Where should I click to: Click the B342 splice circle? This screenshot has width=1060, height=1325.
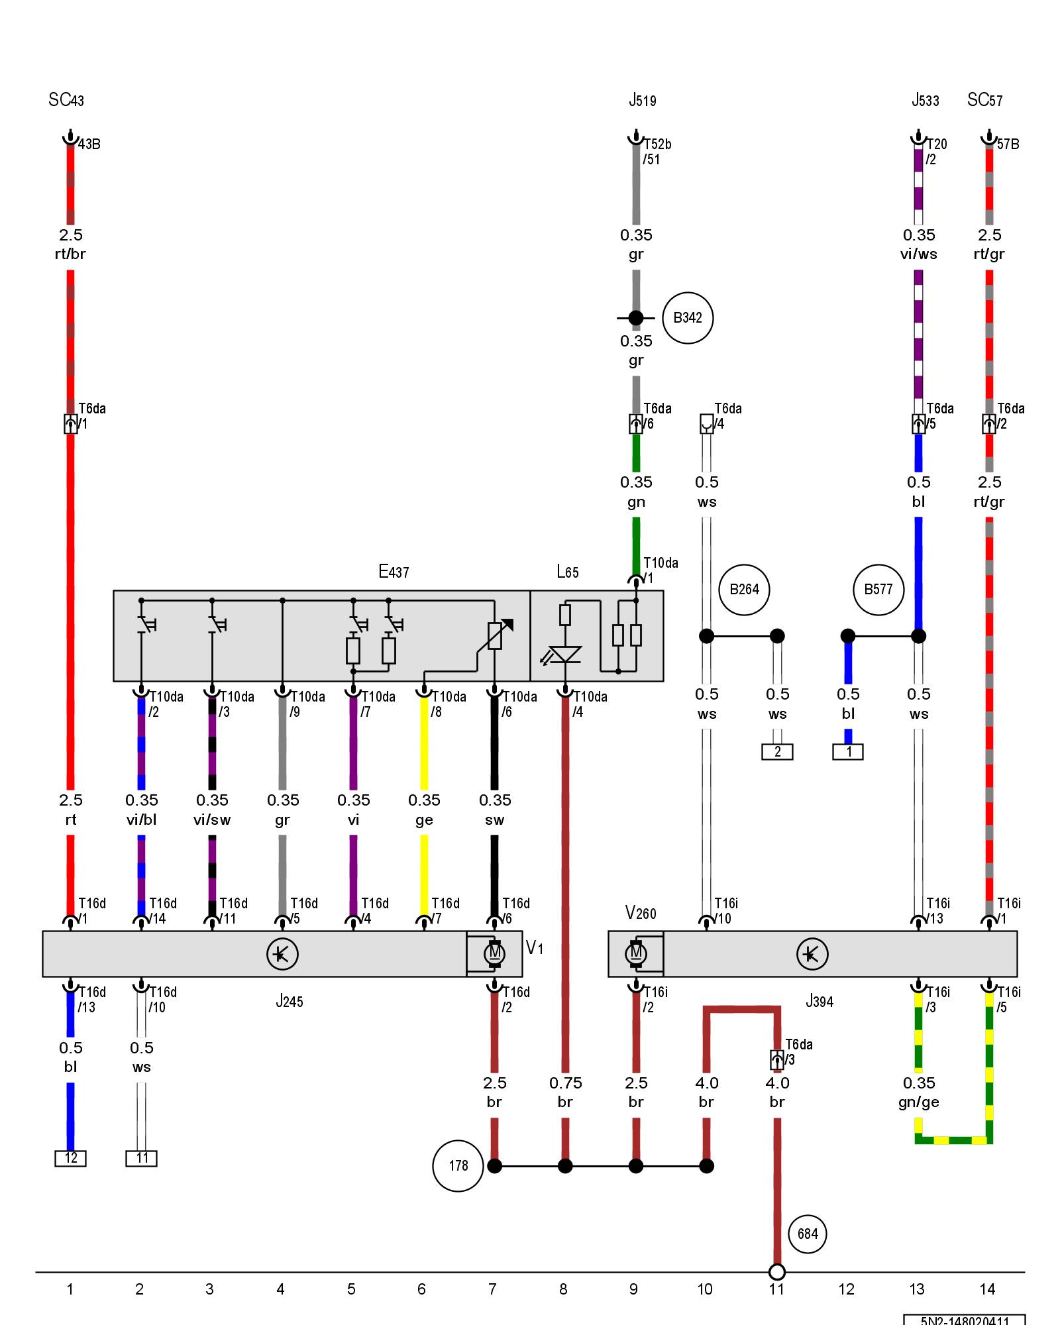pyautogui.click(x=687, y=318)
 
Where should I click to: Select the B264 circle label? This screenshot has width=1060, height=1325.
pyautogui.click(x=744, y=590)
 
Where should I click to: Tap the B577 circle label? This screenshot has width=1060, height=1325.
pyautogui.click(x=878, y=590)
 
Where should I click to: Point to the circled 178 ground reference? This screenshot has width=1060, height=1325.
pyautogui.click(x=458, y=1166)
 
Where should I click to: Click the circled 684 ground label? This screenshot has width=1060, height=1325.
pyautogui.click(x=808, y=1234)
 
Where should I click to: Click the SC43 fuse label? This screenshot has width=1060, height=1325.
pyautogui.click(x=66, y=100)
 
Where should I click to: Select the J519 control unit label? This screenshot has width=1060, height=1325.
pyautogui.click(x=643, y=101)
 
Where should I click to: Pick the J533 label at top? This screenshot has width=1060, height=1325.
pyautogui.click(x=925, y=101)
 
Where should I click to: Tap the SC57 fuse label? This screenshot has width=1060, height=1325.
pyautogui.click(x=984, y=100)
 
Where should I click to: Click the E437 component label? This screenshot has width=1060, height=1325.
pyautogui.click(x=394, y=571)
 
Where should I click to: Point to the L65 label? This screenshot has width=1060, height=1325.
pyautogui.click(x=568, y=572)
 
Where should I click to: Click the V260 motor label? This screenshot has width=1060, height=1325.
pyautogui.click(x=641, y=913)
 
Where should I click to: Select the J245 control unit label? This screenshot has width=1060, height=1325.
pyautogui.click(x=290, y=1001)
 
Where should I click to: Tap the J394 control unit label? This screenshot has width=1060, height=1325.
pyautogui.click(x=820, y=1001)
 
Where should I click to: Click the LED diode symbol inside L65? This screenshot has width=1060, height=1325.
pyautogui.click(x=564, y=655)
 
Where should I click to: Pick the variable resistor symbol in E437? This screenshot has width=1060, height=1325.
pyautogui.click(x=495, y=635)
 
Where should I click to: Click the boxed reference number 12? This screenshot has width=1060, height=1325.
pyautogui.click(x=70, y=1157)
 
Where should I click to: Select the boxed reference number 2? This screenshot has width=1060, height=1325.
pyautogui.click(x=777, y=752)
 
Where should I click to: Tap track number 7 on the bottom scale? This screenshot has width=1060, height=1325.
pyautogui.click(x=492, y=1289)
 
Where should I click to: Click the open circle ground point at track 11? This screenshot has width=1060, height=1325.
pyautogui.click(x=777, y=1272)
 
